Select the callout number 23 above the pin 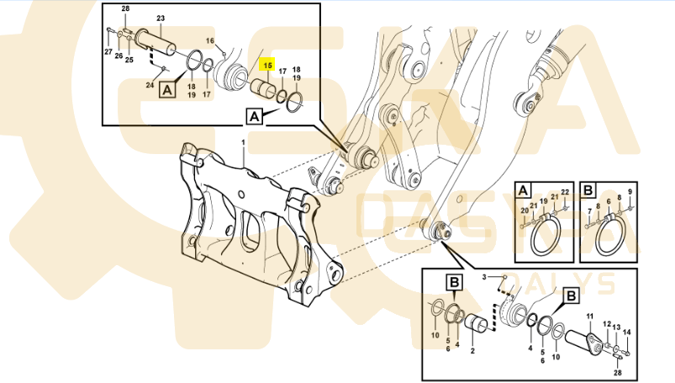pyautogui.click(x=160, y=18)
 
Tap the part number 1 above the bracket pyautogui.click(x=244, y=144)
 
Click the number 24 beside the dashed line pyautogui.click(x=150, y=85)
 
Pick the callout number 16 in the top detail pyautogui.click(x=210, y=40)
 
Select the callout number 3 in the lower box pyautogui.click(x=483, y=277)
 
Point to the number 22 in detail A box pyautogui.click(x=566, y=192)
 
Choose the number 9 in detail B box pyautogui.click(x=630, y=192)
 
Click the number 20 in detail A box pyautogui.click(x=524, y=210)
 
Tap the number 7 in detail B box pyautogui.click(x=589, y=210)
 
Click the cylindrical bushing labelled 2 pyautogui.click(x=478, y=324)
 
